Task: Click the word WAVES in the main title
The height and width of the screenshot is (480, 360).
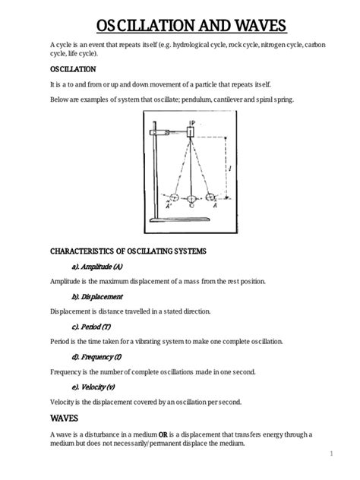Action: pyautogui.click(x=261, y=26)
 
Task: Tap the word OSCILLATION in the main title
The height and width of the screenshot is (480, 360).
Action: pyautogui.click(x=146, y=26)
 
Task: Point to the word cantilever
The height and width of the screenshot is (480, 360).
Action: pyautogui.click(x=228, y=99)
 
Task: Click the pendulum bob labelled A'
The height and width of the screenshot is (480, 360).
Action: pyautogui.click(x=175, y=197)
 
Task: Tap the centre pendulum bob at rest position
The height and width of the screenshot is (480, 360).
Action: pyautogui.click(x=191, y=199)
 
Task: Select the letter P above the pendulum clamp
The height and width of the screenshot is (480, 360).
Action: pyautogui.click(x=193, y=123)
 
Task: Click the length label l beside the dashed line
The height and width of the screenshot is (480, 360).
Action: pyautogui.click(x=230, y=168)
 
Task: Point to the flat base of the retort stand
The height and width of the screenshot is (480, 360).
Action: pyautogui.click(x=180, y=219)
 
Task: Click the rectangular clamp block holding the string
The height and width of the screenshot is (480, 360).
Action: pyautogui.click(x=191, y=132)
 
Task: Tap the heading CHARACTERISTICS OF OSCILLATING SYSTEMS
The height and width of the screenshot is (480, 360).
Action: pyautogui.click(x=128, y=251)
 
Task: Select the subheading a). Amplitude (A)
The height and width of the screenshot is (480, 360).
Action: pyautogui.click(x=97, y=267)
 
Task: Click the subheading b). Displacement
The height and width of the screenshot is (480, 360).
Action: pyautogui.click(x=97, y=297)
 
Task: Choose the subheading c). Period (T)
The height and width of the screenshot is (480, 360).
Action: pyautogui.click(x=91, y=327)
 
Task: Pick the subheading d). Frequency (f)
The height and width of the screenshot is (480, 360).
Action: pyautogui.click(x=96, y=357)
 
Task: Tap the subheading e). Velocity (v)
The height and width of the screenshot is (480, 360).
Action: pyautogui.click(x=93, y=387)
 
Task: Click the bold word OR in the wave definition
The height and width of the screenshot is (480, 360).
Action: pyautogui.click(x=163, y=434)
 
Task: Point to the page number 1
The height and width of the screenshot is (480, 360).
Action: pyautogui.click(x=332, y=453)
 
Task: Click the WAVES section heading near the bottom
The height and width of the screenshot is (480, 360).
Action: pyautogui.click(x=64, y=418)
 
